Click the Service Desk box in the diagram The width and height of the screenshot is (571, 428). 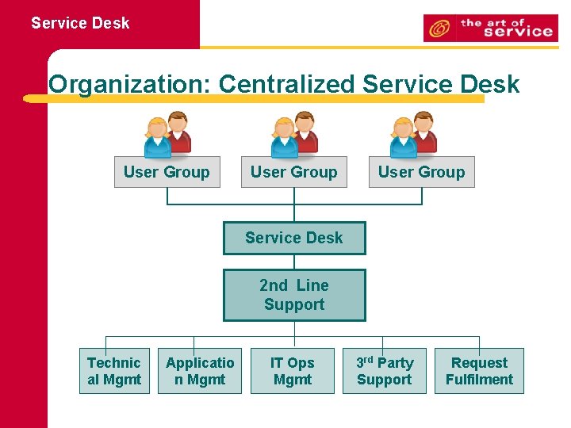(x=294, y=238)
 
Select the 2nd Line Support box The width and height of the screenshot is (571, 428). (x=294, y=295)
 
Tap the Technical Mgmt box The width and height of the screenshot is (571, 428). (x=114, y=371)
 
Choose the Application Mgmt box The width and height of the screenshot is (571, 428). (x=200, y=371)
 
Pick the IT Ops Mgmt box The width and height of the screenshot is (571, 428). (x=293, y=371)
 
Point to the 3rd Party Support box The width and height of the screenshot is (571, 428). (x=385, y=371)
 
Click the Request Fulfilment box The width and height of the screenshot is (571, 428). (x=479, y=371)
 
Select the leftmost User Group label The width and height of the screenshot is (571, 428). (x=167, y=172)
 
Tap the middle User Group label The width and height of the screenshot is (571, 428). (x=293, y=172)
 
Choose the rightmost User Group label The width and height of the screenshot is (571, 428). (x=421, y=172)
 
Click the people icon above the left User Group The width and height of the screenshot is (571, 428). (x=167, y=135)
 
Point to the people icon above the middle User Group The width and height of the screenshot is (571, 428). (x=294, y=135)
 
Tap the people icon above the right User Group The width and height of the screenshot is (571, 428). (x=413, y=135)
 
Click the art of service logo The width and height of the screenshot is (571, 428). (x=490, y=29)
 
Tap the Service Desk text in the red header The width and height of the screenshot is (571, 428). (x=80, y=23)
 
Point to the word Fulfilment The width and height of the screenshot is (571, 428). (x=479, y=380)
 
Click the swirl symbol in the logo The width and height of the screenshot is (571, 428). (x=439, y=29)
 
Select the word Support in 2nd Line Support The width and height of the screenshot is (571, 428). (x=294, y=305)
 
